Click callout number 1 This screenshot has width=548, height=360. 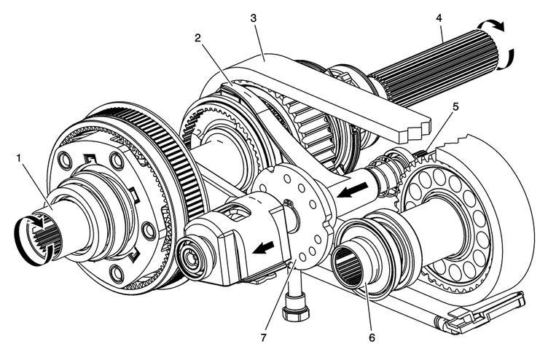coord(19,157)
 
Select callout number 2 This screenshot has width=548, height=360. coord(197,38)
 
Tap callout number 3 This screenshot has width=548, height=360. coord(254,18)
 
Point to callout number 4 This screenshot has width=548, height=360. coord(439,18)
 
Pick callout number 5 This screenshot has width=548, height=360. coord(455,107)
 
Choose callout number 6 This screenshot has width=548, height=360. coord(372,337)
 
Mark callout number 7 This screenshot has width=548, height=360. coord(263,337)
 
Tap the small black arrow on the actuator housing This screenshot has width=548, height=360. coord(264,248)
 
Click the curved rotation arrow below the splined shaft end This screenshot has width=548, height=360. coord(507,60)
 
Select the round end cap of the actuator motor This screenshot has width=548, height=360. coord(191,258)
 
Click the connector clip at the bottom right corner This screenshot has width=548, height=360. coord(479,313)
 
